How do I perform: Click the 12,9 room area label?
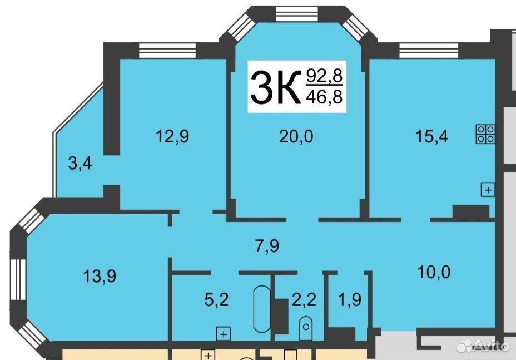pyautogui.click(x=172, y=136)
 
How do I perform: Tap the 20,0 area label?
pyautogui.click(x=296, y=136)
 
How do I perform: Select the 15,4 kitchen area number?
pyautogui.click(x=431, y=136)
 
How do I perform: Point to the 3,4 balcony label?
pyautogui.click(x=80, y=164)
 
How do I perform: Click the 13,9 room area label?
pyautogui.click(x=100, y=276)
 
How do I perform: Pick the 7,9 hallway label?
pyautogui.click(x=267, y=246)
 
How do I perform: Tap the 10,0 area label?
pyautogui.click(x=434, y=273)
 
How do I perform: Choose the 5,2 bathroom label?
pyautogui.click(x=216, y=300)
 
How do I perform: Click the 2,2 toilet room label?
pyautogui.click(x=304, y=300)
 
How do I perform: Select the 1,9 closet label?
pyautogui.click(x=350, y=300)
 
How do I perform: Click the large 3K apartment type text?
pyautogui.click(x=276, y=87)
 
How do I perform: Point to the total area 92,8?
pyautogui.click(x=325, y=76)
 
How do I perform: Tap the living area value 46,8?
pyautogui.click(x=325, y=97)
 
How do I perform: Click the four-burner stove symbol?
pyautogui.click(x=485, y=134)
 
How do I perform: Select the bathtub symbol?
pyautogui.click(x=262, y=309)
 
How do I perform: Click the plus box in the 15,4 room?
pyautogui.click(x=488, y=190)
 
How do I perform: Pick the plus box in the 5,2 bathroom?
pyautogui.click(x=223, y=334)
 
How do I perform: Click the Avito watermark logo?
pyautogui.click(x=483, y=345)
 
